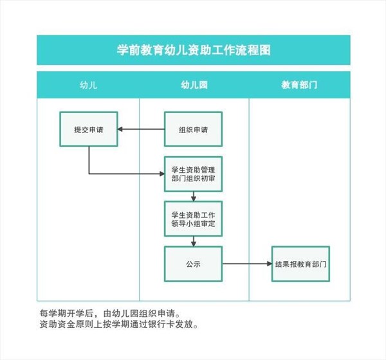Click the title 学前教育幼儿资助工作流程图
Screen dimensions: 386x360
[194, 50]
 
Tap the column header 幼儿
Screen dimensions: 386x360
[88, 85]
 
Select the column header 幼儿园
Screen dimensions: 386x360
[194, 85]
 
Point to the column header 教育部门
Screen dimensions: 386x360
[299, 85]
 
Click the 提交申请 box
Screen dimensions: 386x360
[89, 129]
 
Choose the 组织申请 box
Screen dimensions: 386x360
[193, 129]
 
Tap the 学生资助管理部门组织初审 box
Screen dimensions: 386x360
[193, 174]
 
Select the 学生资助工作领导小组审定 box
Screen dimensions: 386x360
[193, 219]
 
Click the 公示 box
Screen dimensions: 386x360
[193, 264]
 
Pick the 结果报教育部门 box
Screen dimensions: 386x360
[300, 264]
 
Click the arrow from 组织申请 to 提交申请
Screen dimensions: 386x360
[141, 129]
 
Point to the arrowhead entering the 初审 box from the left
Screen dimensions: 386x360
[162, 174]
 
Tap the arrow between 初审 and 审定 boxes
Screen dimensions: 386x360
[194, 197]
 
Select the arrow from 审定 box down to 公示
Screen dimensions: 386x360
[194, 242]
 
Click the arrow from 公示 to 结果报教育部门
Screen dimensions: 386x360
[247, 264]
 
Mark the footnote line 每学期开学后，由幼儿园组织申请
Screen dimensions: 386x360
[110, 314]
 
